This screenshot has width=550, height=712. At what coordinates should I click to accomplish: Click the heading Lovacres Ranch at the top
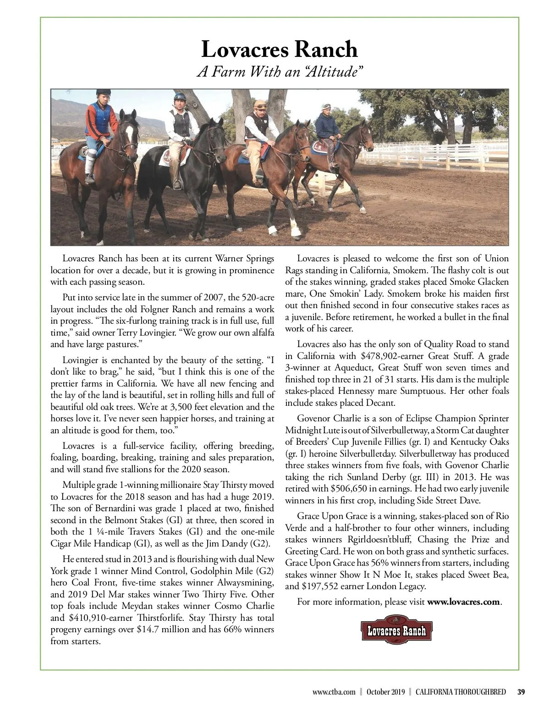280,49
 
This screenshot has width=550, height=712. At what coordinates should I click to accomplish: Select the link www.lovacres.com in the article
463,602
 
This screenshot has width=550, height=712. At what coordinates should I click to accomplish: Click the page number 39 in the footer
521,692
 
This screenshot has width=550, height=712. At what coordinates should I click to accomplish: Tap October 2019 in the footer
385,692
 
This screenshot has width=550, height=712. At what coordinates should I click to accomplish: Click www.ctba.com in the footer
334,692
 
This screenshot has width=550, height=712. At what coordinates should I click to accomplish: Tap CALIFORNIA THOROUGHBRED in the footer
461,692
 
